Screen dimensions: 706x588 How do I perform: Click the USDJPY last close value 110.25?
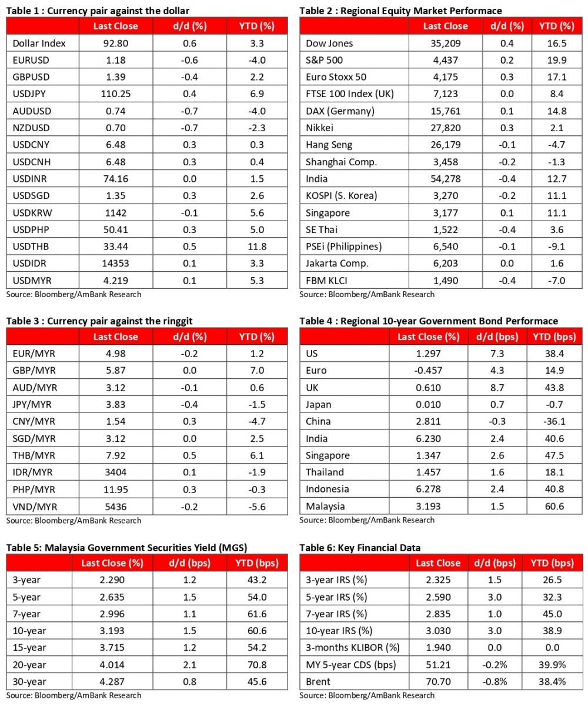coord(116,94)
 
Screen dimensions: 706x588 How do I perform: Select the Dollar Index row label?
coord(39,43)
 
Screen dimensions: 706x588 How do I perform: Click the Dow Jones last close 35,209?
coord(445,43)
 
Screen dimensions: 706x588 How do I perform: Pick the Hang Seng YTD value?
coord(553,145)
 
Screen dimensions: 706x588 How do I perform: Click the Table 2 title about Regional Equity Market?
coord(400,11)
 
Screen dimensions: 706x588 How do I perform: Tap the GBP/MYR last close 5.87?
coord(116,371)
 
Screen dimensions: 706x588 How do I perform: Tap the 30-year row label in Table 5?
coord(28,682)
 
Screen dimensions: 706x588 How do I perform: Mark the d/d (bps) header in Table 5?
coord(191,563)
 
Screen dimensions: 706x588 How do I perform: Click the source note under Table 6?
coord(367,695)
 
